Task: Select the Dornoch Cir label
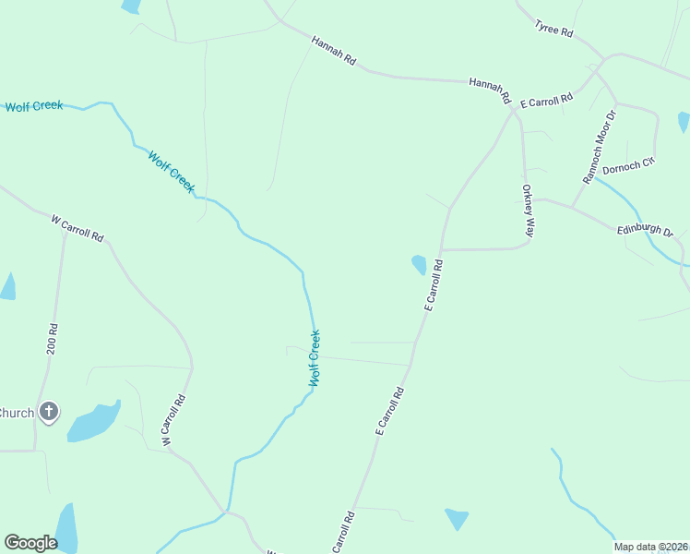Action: (x=628, y=166)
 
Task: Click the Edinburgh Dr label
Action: (x=646, y=231)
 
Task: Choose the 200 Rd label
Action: (x=53, y=341)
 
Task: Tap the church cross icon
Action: (x=49, y=412)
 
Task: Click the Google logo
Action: (x=30, y=543)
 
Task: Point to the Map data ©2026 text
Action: (x=650, y=547)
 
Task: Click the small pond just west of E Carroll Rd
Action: (x=419, y=265)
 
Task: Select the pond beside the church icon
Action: (x=92, y=422)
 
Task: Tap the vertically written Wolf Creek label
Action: (x=315, y=357)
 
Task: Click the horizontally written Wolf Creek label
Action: (x=34, y=106)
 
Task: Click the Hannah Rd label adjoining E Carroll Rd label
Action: (x=490, y=90)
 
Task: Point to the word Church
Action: (x=17, y=413)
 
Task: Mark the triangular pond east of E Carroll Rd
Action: (x=457, y=518)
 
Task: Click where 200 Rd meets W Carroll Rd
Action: (x=65, y=232)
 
